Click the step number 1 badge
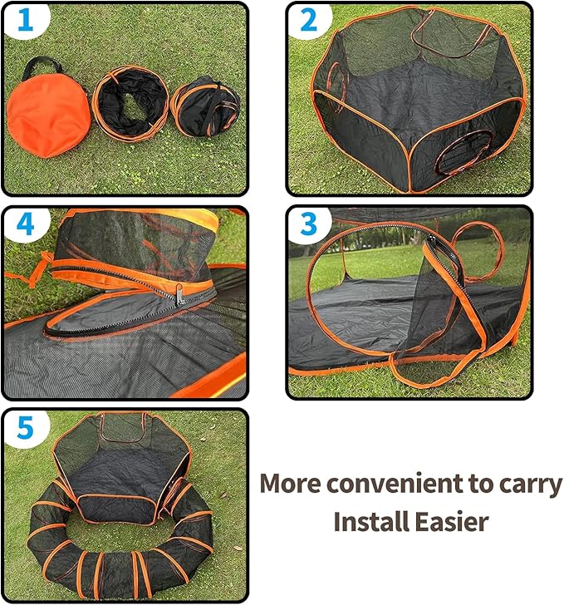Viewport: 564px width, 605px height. (x=24, y=21)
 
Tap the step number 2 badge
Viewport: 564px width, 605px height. (x=308, y=21)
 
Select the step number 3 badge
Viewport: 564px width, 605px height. (x=308, y=224)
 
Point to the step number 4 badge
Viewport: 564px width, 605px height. (x=24, y=224)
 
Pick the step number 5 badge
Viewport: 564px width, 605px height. (x=24, y=428)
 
